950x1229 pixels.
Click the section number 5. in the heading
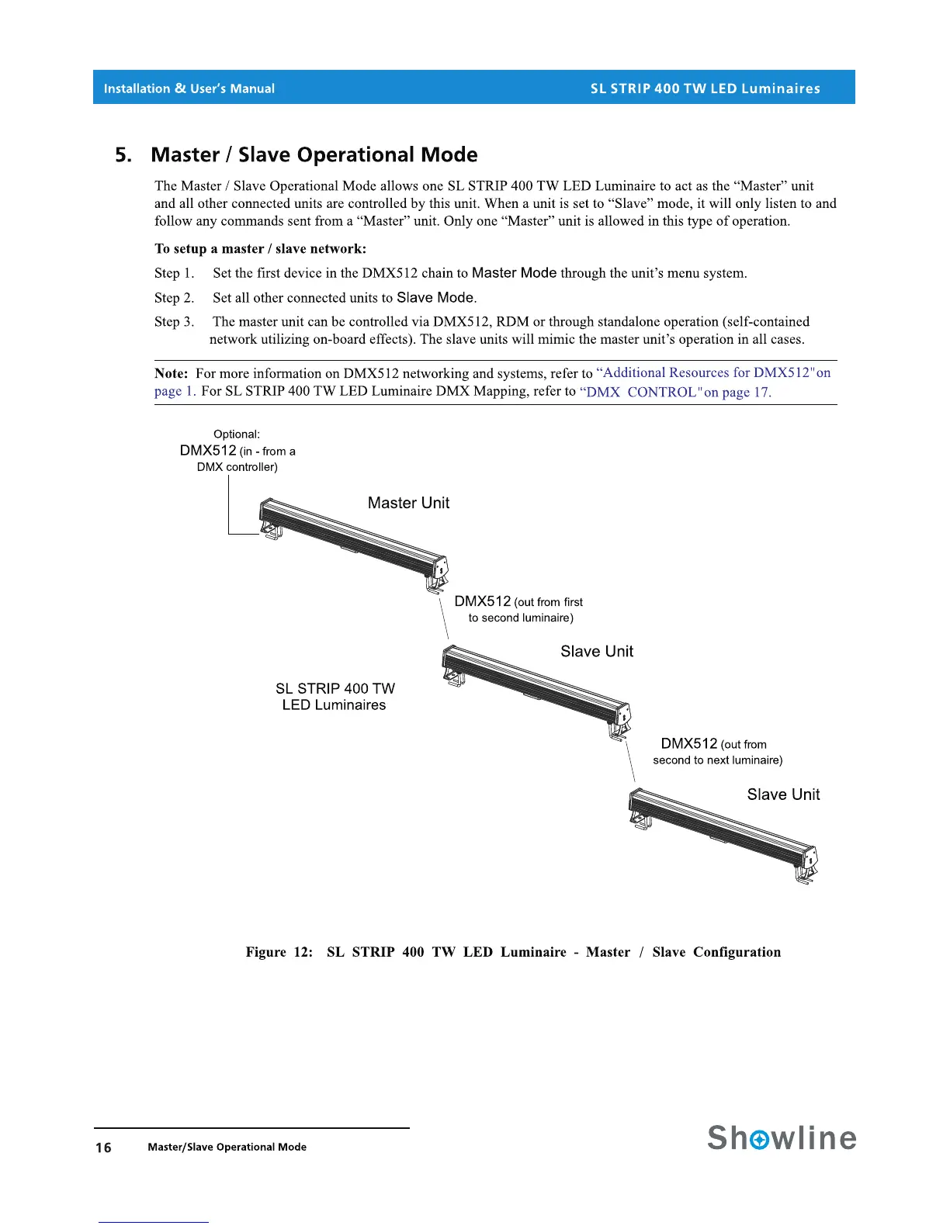tap(123, 155)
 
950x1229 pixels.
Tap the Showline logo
tap(782, 1137)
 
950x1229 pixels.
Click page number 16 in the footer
tap(103, 1148)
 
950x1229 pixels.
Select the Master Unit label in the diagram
tap(408, 503)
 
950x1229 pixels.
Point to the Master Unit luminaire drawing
tap(353, 543)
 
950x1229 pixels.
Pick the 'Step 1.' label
tap(174, 273)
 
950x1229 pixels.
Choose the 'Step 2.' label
tap(174, 298)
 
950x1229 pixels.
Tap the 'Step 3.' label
tap(174, 322)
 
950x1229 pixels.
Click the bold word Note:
tap(171, 373)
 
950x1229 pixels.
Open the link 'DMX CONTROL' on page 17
tap(675, 392)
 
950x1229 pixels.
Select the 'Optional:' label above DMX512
tap(237, 434)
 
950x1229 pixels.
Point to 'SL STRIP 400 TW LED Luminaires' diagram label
tap(335, 697)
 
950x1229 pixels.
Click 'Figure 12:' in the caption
tap(279, 952)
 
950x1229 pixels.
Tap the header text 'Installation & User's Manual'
tap(189, 88)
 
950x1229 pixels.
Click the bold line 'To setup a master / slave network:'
tap(260, 249)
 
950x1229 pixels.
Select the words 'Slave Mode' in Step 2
tap(435, 298)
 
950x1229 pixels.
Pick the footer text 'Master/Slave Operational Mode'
tap(227, 1147)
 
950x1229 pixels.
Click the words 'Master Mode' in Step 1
tap(514, 273)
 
